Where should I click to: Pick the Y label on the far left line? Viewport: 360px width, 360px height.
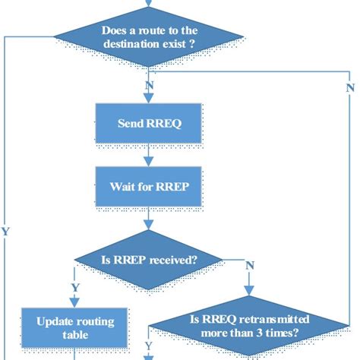(x=6, y=230)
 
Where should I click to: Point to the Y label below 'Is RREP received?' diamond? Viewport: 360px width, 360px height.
(x=74, y=287)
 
